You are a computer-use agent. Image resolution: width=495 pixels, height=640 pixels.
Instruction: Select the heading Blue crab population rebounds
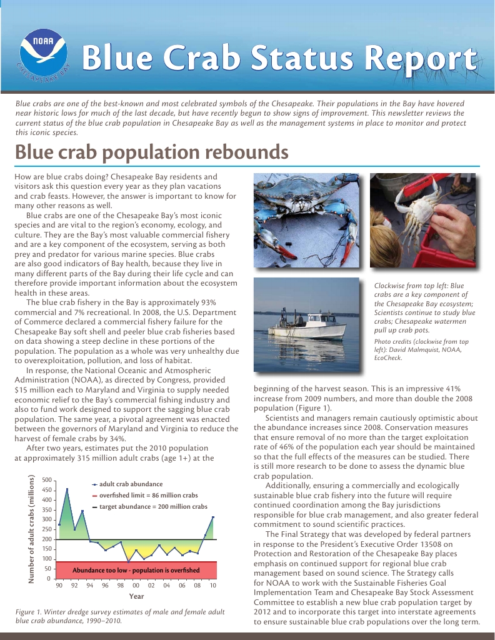pos(151,152)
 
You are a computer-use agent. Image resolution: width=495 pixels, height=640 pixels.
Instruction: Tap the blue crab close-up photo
pos(306,220)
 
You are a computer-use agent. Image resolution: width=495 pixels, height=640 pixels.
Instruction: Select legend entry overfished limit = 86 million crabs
pos(147,495)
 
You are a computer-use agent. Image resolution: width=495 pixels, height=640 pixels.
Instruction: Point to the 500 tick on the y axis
pos(47,480)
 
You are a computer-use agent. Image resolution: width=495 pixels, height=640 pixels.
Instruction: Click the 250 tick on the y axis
pos(47,529)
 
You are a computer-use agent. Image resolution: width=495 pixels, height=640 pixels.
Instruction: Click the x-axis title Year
pos(136,596)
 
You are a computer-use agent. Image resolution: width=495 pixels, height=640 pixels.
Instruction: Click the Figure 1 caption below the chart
pos(119,616)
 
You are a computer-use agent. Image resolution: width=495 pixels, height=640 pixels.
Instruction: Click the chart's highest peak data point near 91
pos(67,489)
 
